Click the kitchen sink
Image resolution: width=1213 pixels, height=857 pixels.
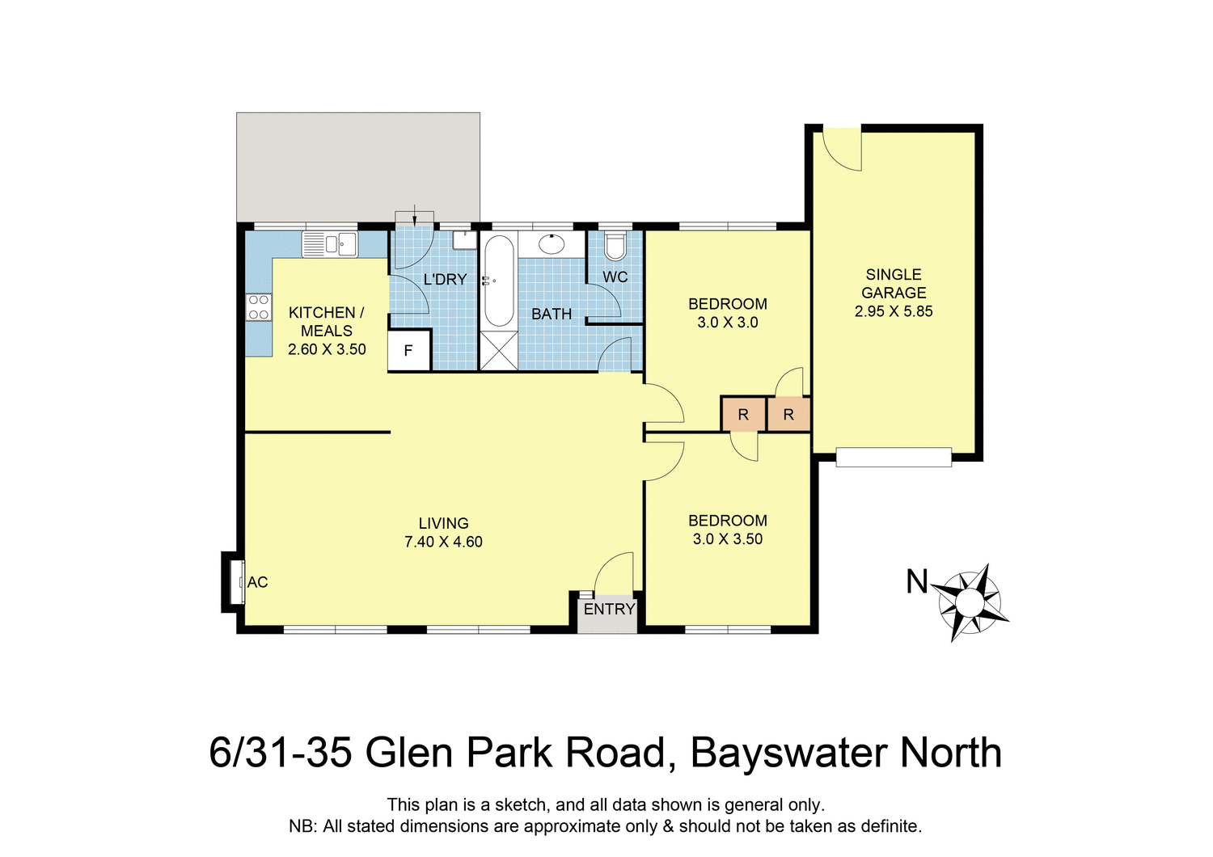[329, 243]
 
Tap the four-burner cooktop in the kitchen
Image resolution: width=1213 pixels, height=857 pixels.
[259, 307]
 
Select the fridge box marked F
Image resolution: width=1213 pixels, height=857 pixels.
[408, 351]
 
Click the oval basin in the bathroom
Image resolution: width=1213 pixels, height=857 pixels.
[552, 243]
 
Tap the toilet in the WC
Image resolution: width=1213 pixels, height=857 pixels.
[615, 246]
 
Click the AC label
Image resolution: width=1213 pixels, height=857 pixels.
[257, 582]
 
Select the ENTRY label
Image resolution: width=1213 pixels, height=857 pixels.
[609, 609]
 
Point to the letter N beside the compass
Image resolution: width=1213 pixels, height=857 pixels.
[916, 582]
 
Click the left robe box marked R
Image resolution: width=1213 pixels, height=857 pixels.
[743, 415]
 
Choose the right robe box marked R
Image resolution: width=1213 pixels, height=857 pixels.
[788, 415]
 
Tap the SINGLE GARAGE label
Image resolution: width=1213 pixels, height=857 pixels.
[894, 284]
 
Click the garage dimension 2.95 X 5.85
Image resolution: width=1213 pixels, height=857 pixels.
[894, 311]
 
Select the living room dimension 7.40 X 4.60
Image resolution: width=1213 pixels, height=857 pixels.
[443, 542]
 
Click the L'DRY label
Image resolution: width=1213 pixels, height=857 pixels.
[445, 280]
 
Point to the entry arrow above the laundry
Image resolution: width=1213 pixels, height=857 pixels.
[414, 215]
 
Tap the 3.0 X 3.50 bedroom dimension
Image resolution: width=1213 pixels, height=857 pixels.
[728, 539]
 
